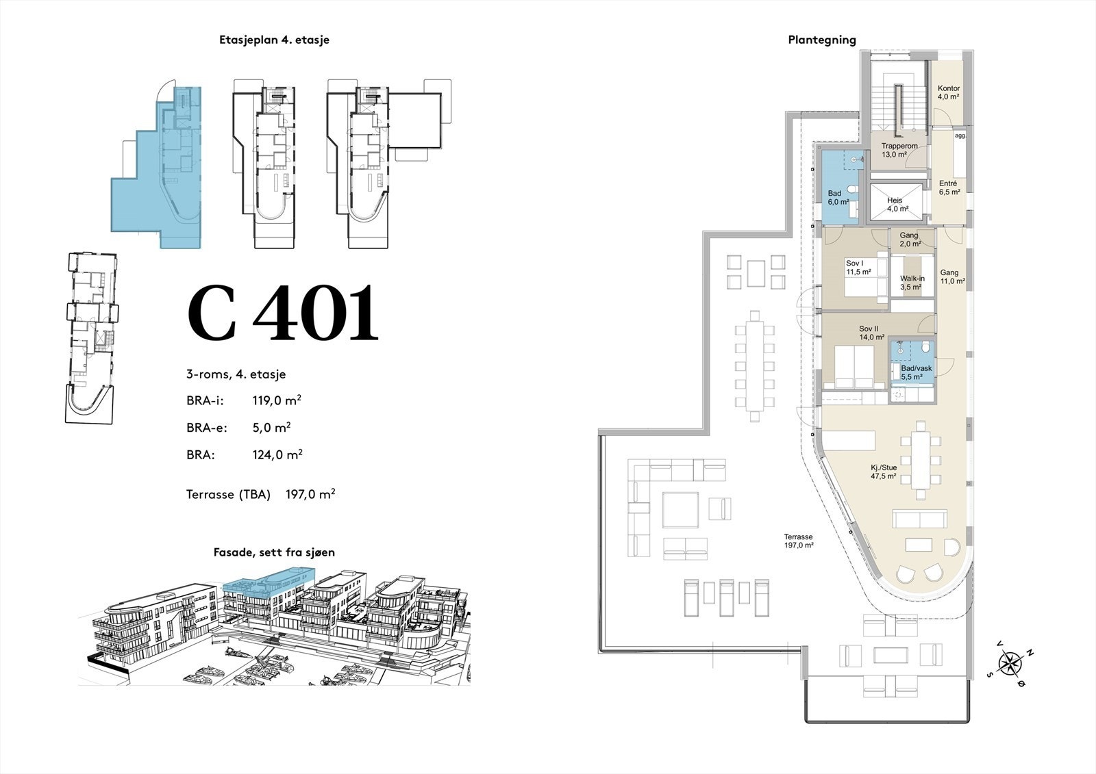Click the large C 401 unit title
tap(284, 313)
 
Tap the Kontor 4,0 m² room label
tap(948, 92)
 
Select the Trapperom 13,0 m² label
tap(899, 150)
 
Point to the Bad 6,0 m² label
tap(838, 198)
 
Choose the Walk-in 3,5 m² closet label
tap(912, 283)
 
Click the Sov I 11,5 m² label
tap(859, 268)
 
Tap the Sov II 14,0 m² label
tap(872, 333)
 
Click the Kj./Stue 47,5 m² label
tap(884, 472)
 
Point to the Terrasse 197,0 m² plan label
tap(799, 541)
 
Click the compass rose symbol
tap(1009, 664)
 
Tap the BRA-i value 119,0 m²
tap(277, 400)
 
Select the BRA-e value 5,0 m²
tap(271, 427)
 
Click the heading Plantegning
tap(822, 40)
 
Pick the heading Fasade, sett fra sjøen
tap(274, 552)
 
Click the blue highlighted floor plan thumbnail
tap(156, 167)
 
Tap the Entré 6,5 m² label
tap(949, 188)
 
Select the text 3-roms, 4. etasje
tap(236, 374)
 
